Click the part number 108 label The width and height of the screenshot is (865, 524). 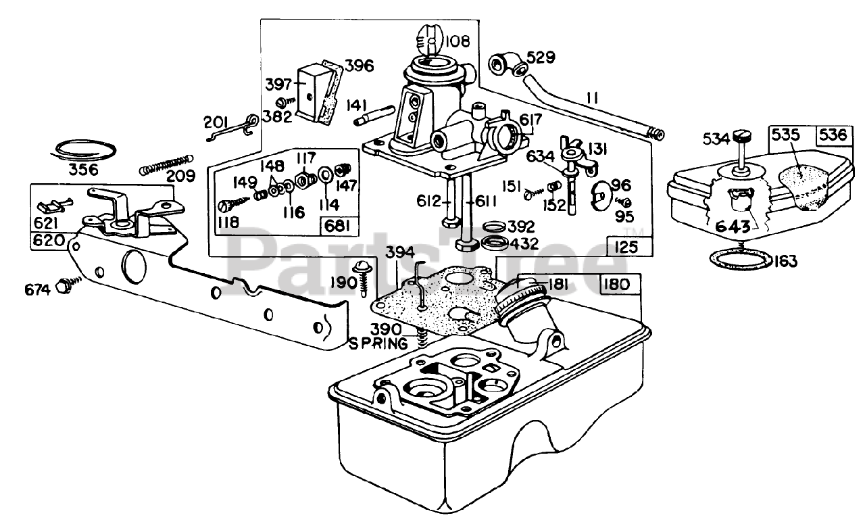point(458,41)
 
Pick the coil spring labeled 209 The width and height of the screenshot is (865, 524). point(166,164)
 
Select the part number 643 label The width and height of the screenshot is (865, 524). point(733,226)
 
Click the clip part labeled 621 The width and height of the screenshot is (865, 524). point(55,205)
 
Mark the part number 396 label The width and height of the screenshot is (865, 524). point(359,66)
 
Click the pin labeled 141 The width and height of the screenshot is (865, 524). point(374,116)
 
